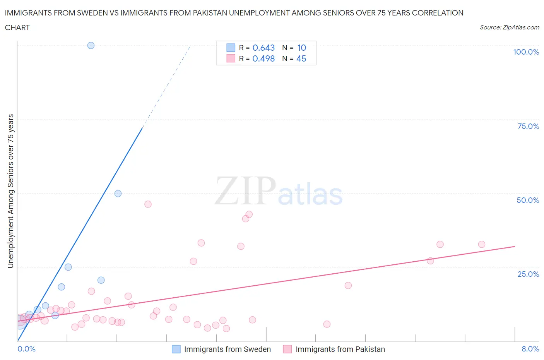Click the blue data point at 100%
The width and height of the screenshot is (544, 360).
pyautogui.click(x=91, y=45)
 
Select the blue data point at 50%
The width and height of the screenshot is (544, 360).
pyautogui.click(x=118, y=194)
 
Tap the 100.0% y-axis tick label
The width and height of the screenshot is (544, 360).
pyautogui.click(x=526, y=52)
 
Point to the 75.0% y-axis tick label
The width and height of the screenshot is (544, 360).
pyautogui.click(x=528, y=126)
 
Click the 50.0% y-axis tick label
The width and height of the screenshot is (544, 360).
pyautogui.click(x=528, y=200)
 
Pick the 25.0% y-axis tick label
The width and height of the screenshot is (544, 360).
pyautogui.click(x=528, y=274)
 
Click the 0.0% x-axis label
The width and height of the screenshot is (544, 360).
pyautogui.click(x=26, y=349)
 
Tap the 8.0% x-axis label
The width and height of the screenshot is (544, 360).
pyautogui.click(x=530, y=349)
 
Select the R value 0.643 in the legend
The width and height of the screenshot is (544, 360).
pyautogui.click(x=263, y=48)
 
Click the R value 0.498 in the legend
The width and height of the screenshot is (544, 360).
pyautogui.click(x=263, y=58)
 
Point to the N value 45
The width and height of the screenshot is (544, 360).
pyautogui.click(x=301, y=58)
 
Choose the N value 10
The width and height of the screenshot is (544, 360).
pyautogui.click(x=301, y=48)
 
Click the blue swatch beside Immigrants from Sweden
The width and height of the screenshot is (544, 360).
pyautogui.click(x=176, y=349)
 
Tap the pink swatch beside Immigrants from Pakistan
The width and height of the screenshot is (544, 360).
pyautogui.click(x=287, y=349)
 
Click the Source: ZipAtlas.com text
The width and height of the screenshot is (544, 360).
pyautogui.click(x=509, y=27)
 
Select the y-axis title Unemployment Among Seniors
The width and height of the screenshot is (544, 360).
pyautogui.click(x=10, y=191)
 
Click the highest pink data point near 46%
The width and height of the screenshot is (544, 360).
pyautogui.click(x=148, y=204)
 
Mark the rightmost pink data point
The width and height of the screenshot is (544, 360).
pyautogui.click(x=482, y=244)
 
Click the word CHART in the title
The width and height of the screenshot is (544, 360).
pyautogui.click(x=17, y=27)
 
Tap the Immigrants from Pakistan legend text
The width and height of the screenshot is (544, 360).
pyautogui.click(x=340, y=349)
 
